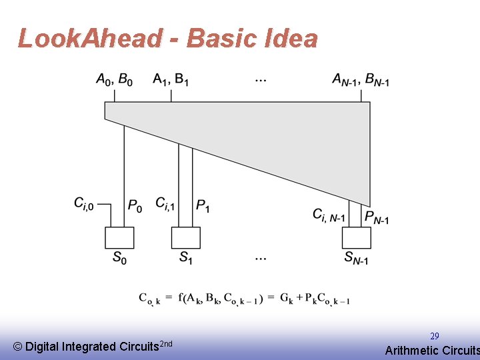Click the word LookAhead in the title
pyautogui.click(x=89, y=39)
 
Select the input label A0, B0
pyautogui.click(x=114, y=80)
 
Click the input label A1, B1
pyautogui.click(x=171, y=80)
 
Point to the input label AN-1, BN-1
pyautogui.click(x=361, y=80)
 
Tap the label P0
pyautogui.click(x=135, y=206)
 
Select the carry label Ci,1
pyautogui.click(x=165, y=203)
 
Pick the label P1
pyautogui.click(x=203, y=206)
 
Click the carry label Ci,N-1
pyautogui.click(x=329, y=215)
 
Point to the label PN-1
pyautogui.click(x=377, y=217)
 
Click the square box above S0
pyautogui.click(x=119, y=237)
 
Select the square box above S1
pyautogui.click(x=185, y=237)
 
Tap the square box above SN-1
pyautogui.click(x=356, y=237)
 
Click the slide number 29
pyautogui.click(x=434, y=337)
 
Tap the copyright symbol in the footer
pyautogui.click(x=18, y=347)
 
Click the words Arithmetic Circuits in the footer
pyautogui.click(x=432, y=350)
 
